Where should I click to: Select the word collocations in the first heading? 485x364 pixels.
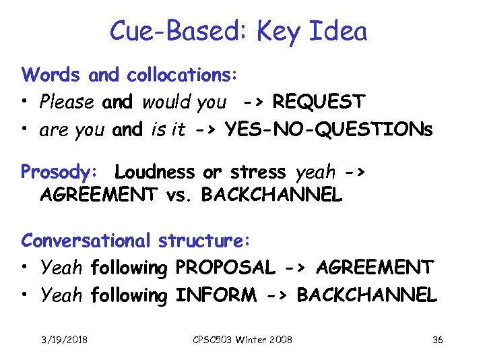click(181, 74)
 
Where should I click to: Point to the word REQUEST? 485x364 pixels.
click(319, 102)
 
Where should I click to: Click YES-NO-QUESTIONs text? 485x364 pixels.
click(329, 129)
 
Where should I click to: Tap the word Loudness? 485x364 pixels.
click(154, 172)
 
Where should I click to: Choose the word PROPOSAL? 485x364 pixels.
click(225, 268)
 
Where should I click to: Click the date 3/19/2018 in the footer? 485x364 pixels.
click(65, 340)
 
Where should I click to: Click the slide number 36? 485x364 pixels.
click(437, 340)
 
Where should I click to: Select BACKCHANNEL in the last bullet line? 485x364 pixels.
click(367, 295)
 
